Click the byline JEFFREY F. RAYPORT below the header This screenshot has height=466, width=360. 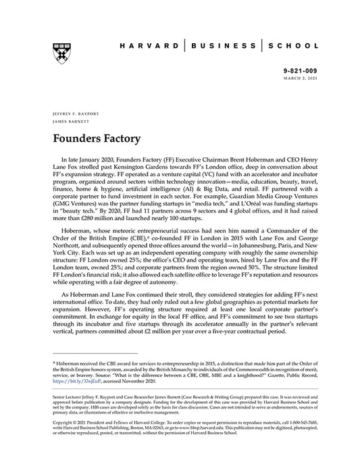pyautogui.click(x=70, y=110)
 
